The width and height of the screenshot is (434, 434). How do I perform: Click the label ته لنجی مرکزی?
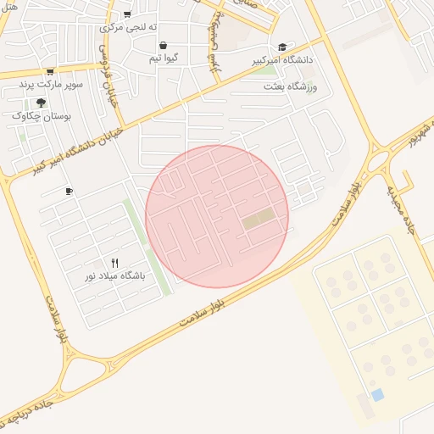click(124, 27)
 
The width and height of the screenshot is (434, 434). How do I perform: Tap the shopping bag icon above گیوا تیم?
click(162, 46)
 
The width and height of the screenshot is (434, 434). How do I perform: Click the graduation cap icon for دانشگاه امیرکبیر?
click(282, 47)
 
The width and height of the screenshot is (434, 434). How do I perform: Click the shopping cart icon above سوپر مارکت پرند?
click(50, 72)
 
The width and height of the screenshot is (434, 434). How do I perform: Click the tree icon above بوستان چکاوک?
click(41, 103)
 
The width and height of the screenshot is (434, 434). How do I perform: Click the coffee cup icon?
click(69, 191)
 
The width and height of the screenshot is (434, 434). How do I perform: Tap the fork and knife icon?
click(114, 263)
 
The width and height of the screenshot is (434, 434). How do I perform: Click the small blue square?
click(377, 395)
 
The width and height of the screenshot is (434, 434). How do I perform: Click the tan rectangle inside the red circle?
click(259, 219)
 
